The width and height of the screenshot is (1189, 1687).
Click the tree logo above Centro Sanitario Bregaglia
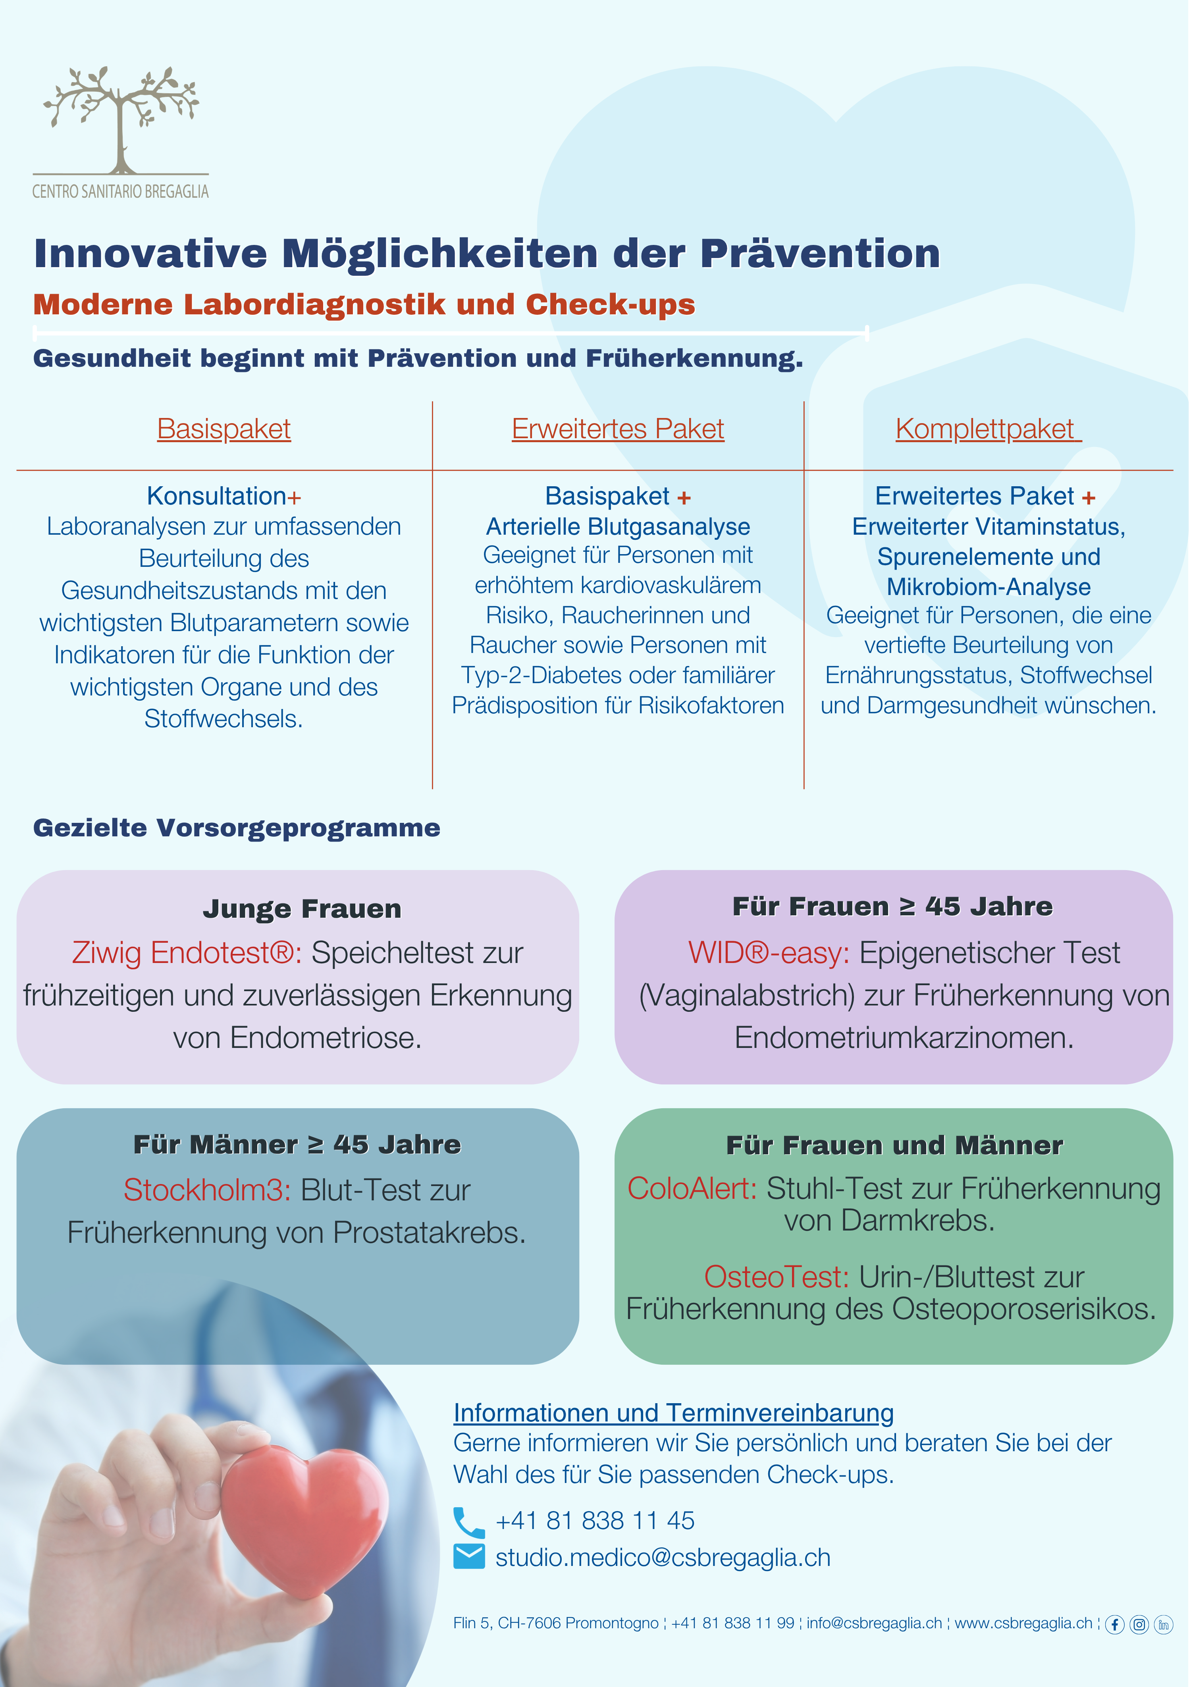tap(121, 117)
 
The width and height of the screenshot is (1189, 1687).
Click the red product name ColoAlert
tap(692, 1188)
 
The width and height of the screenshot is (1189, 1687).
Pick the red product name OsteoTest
tap(776, 1277)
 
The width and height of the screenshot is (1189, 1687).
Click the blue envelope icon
tap(469, 1556)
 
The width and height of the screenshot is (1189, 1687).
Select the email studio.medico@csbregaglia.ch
tap(663, 1558)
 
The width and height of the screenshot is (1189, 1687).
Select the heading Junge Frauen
tap(302, 909)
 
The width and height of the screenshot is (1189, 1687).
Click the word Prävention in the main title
tap(819, 254)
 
